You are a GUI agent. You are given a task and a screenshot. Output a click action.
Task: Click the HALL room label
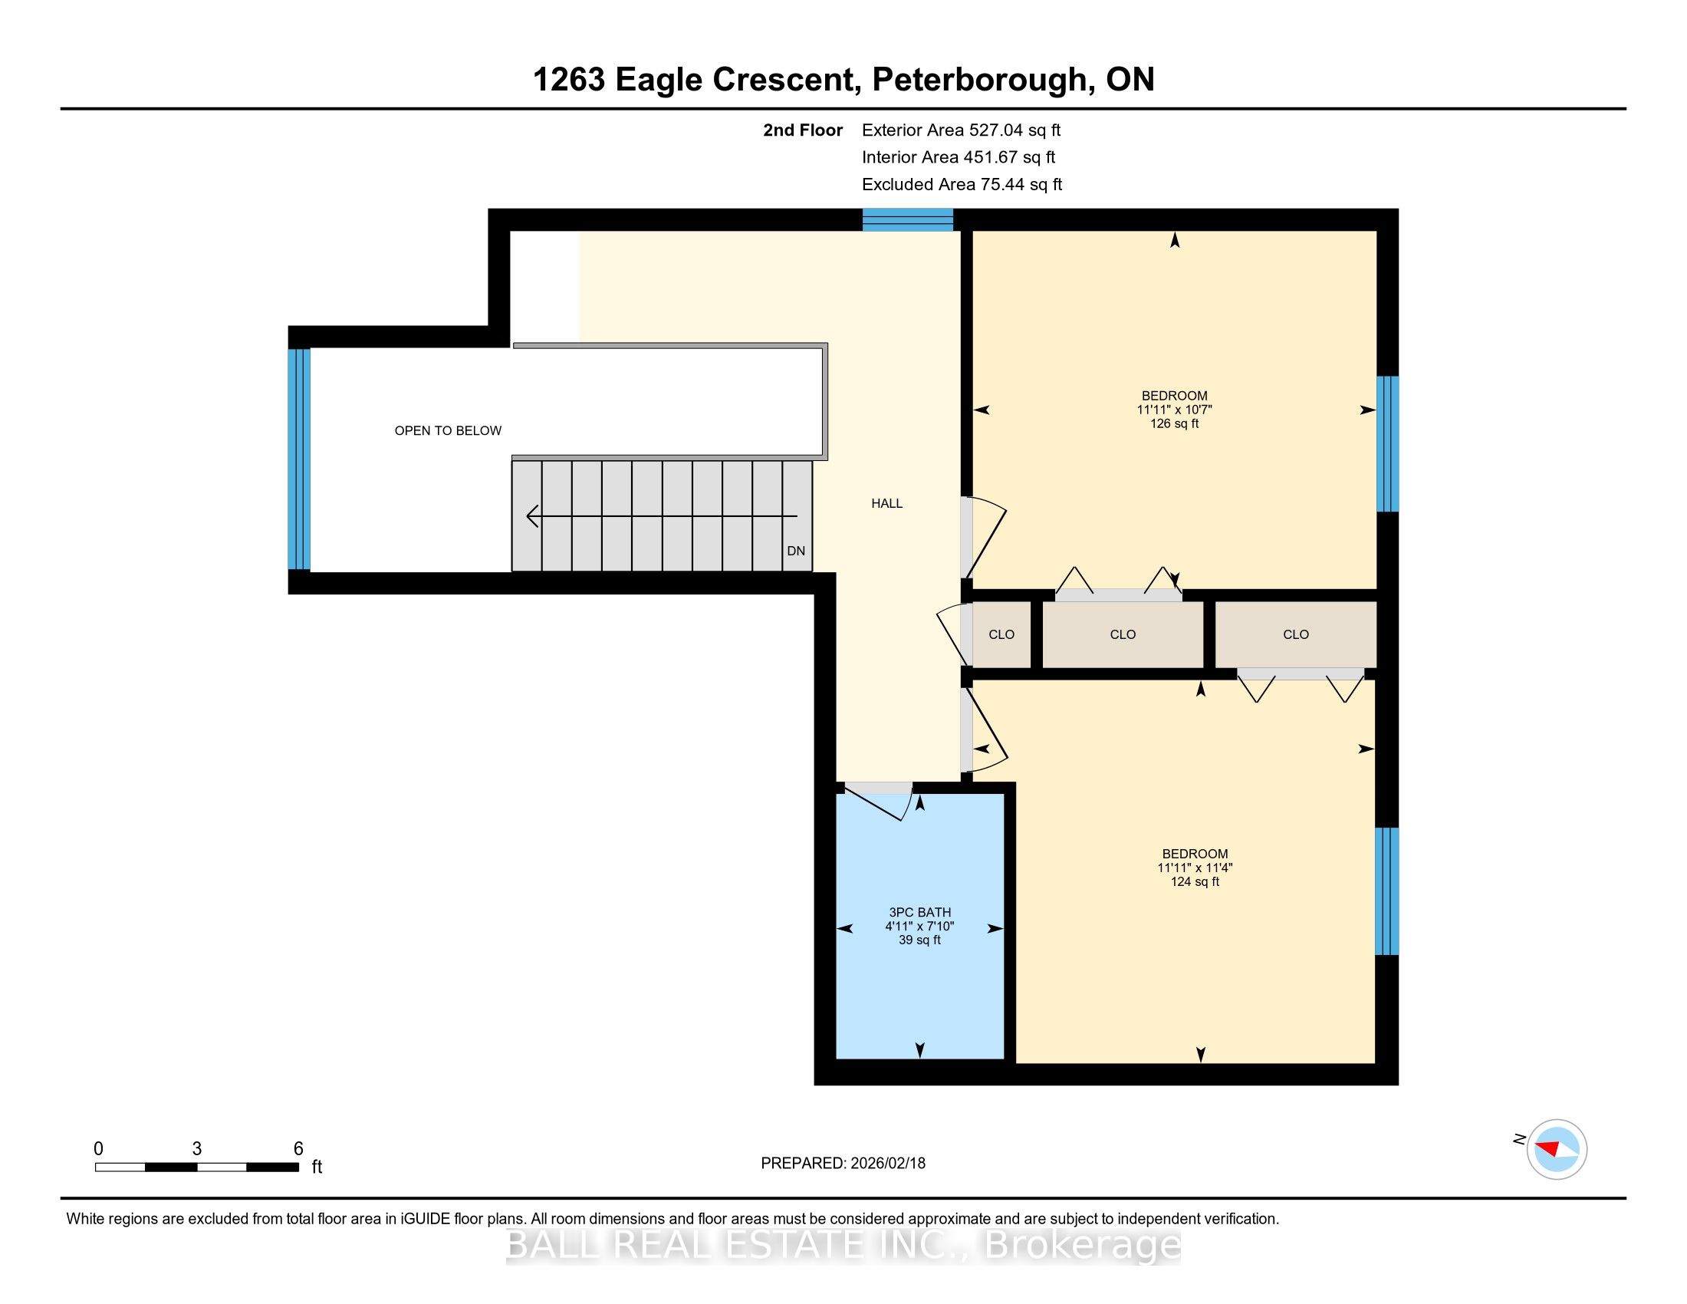tap(886, 504)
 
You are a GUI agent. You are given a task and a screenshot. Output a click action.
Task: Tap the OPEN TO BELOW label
tap(448, 431)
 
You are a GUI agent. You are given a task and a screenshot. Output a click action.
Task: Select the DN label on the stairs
tap(796, 551)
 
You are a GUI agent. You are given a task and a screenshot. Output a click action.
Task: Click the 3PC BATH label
tap(920, 912)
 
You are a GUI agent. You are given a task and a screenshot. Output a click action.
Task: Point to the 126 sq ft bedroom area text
tap(1174, 423)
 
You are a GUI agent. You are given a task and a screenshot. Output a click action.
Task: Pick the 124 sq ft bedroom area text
tap(1195, 881)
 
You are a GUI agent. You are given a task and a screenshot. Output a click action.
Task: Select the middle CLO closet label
tap(1123, 634)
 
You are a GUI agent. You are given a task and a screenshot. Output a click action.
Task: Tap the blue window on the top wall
tap(908, 220)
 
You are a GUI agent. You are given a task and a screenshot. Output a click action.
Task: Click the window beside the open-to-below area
tap(299, 459)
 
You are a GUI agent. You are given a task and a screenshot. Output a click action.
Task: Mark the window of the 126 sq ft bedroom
tap(1388, 444)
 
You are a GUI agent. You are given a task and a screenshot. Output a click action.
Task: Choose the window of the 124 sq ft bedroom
tap(1387, 891)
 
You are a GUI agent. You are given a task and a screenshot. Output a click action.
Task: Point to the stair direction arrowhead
tap(532, 516)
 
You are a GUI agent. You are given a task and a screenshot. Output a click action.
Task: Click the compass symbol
tap(1557, 1149)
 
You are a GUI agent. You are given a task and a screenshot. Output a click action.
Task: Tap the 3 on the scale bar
tap(197, 1149)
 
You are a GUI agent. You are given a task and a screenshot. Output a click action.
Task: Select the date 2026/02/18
tap(887, 1164)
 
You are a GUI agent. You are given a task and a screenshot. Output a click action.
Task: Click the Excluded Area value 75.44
tap(1003, 184)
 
